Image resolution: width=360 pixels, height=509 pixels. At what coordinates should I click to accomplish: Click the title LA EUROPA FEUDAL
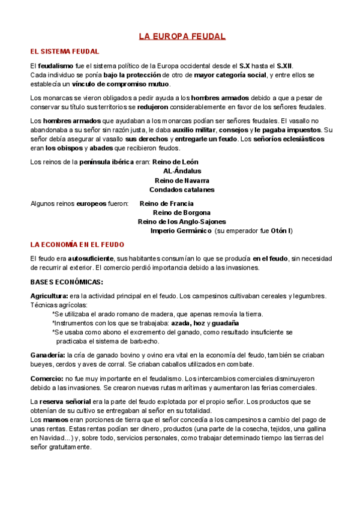[182, 37]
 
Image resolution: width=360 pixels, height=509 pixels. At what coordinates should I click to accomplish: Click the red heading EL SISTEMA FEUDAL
[65, 52]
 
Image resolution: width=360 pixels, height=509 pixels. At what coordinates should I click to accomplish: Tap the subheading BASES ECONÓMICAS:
[67, 282]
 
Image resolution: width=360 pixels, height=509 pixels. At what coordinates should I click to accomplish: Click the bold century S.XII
[286, 65]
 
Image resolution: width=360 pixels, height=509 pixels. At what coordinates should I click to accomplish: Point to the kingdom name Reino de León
[175, 162]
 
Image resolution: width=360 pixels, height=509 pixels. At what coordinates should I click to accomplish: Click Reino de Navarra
[182, 180]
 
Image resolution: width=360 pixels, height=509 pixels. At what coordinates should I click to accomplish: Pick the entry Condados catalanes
[182, 190]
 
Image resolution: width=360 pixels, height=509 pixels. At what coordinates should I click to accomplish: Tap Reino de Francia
[167, 203]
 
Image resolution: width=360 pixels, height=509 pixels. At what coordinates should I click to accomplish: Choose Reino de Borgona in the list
[182, 212]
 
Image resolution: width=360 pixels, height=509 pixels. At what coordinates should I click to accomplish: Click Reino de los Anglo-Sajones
[182, 221]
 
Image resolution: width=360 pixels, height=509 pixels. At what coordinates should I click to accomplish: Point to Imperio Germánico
[181, 230]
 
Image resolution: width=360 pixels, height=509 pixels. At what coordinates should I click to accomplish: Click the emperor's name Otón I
[281, 230]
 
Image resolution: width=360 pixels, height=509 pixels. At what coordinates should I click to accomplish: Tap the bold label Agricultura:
[49, 295]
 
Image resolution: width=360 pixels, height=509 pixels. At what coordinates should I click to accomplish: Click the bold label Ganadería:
[48, 355]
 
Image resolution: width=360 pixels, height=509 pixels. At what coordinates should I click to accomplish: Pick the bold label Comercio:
[47, 378]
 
